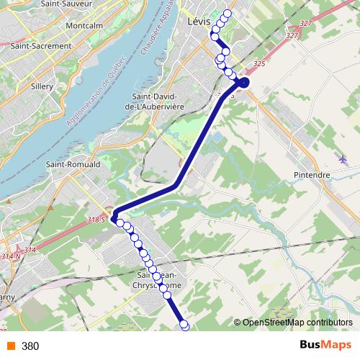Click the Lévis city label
[x=198, y=22]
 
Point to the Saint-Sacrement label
[x=41, y=45]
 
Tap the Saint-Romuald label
[x=73, y=164]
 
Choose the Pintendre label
[x=312, y=175]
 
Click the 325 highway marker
[x=259, y=65]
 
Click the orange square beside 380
[x=10, y=346]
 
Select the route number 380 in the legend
[x=30, y=346]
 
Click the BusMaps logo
[x=325, y=346]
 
